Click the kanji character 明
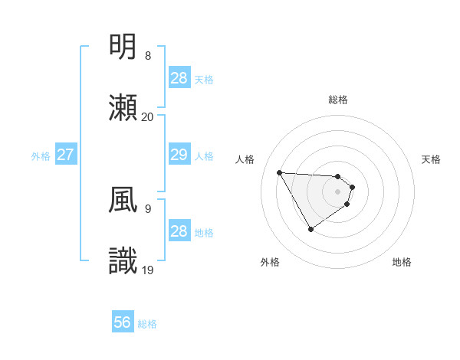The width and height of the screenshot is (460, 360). coord(124,47)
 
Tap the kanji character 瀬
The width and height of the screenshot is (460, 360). coord(124,107)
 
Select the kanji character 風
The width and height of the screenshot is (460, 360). coord(124,200)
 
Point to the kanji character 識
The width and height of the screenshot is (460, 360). coord(124,261)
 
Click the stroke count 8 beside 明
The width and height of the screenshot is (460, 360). coord(148,56)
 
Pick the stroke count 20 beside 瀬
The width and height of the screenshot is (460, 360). coord(148,116)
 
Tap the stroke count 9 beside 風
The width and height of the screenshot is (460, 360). coord(148,208)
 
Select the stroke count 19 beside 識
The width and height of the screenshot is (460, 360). coord(148,270)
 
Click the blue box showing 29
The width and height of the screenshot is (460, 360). coord(179,155)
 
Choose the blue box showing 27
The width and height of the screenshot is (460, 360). coord(66,155)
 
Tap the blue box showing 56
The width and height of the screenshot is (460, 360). coord(123,322)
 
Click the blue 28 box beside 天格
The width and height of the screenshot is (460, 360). coord(179,78)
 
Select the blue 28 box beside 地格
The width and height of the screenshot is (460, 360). coord(179,231)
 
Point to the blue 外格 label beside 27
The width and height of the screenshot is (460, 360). coord(41,156)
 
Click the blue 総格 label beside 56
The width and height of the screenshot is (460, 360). coord(147,324)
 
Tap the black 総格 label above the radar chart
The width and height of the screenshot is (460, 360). coord(338,100)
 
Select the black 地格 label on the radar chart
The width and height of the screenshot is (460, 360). coord(402,262)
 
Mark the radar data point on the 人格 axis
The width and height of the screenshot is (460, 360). coord(279,172)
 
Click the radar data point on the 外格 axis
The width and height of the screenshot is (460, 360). coord(310,229)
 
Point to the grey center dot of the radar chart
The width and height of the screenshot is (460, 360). coord(338,191)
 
